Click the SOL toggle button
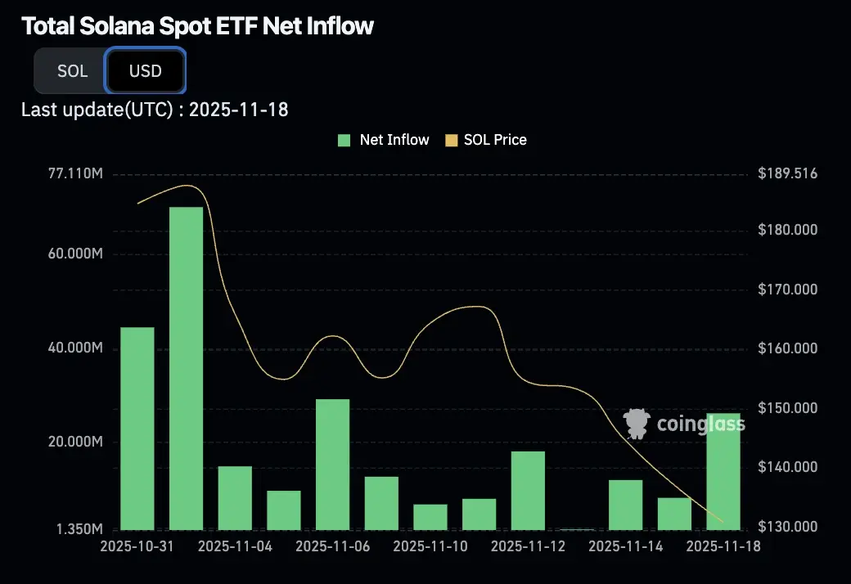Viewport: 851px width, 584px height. (x=72, y=71)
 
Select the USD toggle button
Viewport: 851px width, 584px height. (x=146, y=71)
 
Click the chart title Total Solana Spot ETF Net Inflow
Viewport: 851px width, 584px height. (x=197, y=26)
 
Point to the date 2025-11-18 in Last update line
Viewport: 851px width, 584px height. (x=238, y=110)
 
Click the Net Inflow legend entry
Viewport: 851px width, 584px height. (x=384, y=140)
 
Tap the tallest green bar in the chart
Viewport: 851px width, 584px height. (x=186, y=368)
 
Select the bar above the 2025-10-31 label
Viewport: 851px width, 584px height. (x=137, y=428)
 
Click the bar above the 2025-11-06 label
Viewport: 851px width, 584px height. (x=332, y=464)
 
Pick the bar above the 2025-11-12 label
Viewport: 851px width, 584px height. (x=528, y=490)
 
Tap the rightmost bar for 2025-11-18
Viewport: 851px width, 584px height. (x=723, y=471)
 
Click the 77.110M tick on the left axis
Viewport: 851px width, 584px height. (x=74, y=174)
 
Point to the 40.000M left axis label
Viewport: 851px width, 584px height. (x=74, y=348)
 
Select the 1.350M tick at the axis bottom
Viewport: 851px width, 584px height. (x=79, y=530)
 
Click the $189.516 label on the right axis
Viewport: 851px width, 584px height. (x=787, y=174)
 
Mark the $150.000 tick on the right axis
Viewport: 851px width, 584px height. (x=787, y=408)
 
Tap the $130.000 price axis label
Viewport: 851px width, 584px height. (x=787, y=527)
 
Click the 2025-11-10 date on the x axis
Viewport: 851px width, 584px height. (x=430, y=546)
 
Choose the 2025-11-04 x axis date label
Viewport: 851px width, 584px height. (x=235, y=546)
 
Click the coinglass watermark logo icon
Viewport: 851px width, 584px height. (x=637, y=423)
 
